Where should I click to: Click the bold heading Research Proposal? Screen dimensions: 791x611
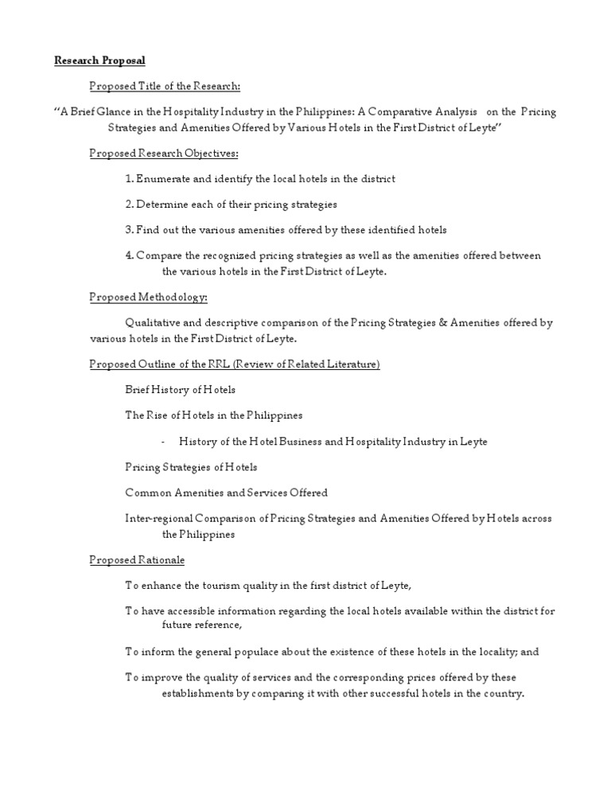coord(99,60)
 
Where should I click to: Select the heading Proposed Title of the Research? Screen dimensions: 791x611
coord(165,86)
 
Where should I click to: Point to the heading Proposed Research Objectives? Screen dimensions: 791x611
coord(163,153)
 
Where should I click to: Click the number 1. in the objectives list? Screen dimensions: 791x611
coord(129,179)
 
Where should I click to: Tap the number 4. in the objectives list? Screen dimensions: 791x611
coord(130,255)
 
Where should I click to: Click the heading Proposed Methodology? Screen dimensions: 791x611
coord(148,297)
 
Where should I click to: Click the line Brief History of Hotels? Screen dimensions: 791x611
coord(180,390)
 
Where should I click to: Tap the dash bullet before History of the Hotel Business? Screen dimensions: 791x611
coord(162,442)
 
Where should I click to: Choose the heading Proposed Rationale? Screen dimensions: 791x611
coord(137,560)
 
